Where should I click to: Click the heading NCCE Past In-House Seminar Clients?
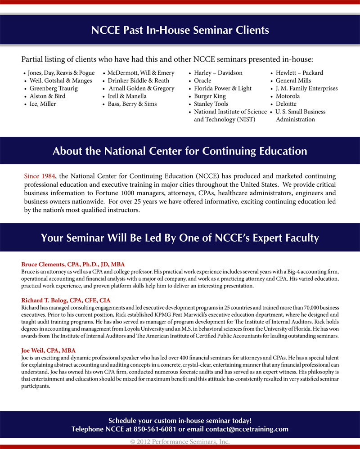pyautogui.click(x=180, y=31)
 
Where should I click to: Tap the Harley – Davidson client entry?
pyautogui.click(x=218, y=73)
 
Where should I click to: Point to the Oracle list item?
pyautogui.click(x=202, y=81)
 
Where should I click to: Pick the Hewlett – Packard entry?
pyautogui.click(x=299, y=73)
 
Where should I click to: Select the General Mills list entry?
pyautogui.click(x=293, y=81)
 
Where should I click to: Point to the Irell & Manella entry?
pyautogui.click(x=127, y=96)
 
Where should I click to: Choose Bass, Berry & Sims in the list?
pyautogui.click(x=132, y=103)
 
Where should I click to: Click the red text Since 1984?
pyautogui.click(x=40, y=175)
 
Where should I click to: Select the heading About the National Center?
pyautogui.click(x=180, y=151)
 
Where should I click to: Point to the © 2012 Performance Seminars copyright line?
pyautogui.click(x=180, y=442)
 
